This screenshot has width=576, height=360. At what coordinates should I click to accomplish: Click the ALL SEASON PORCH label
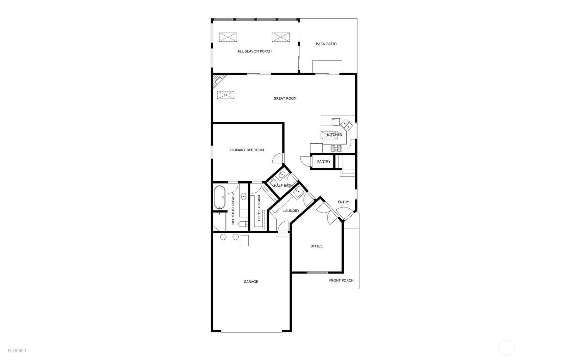254,51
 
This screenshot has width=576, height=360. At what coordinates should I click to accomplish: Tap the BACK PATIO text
326,44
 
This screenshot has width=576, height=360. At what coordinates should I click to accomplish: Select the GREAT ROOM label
285,98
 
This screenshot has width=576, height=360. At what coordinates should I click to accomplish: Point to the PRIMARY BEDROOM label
247,150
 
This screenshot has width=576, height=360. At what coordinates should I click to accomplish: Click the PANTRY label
324,162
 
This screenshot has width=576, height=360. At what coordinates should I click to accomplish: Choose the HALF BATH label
283,186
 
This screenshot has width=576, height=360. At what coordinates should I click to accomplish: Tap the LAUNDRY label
291,211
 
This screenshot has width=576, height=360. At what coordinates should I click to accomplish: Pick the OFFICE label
316,246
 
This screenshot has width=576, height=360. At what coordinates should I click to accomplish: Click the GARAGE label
251,282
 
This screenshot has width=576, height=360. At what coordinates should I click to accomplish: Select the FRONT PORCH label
341,280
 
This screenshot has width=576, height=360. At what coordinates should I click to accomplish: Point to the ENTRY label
343,202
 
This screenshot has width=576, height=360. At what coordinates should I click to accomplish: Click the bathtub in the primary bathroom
220,197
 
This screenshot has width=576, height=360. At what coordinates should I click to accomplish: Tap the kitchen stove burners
336,148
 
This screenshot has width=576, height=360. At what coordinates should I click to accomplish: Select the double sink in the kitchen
346,124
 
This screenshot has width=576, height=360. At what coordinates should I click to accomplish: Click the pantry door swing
306,161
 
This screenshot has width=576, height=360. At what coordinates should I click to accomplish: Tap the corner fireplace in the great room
219,81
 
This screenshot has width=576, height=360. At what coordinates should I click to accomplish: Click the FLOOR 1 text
17,351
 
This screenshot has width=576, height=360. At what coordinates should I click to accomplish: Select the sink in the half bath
282,175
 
